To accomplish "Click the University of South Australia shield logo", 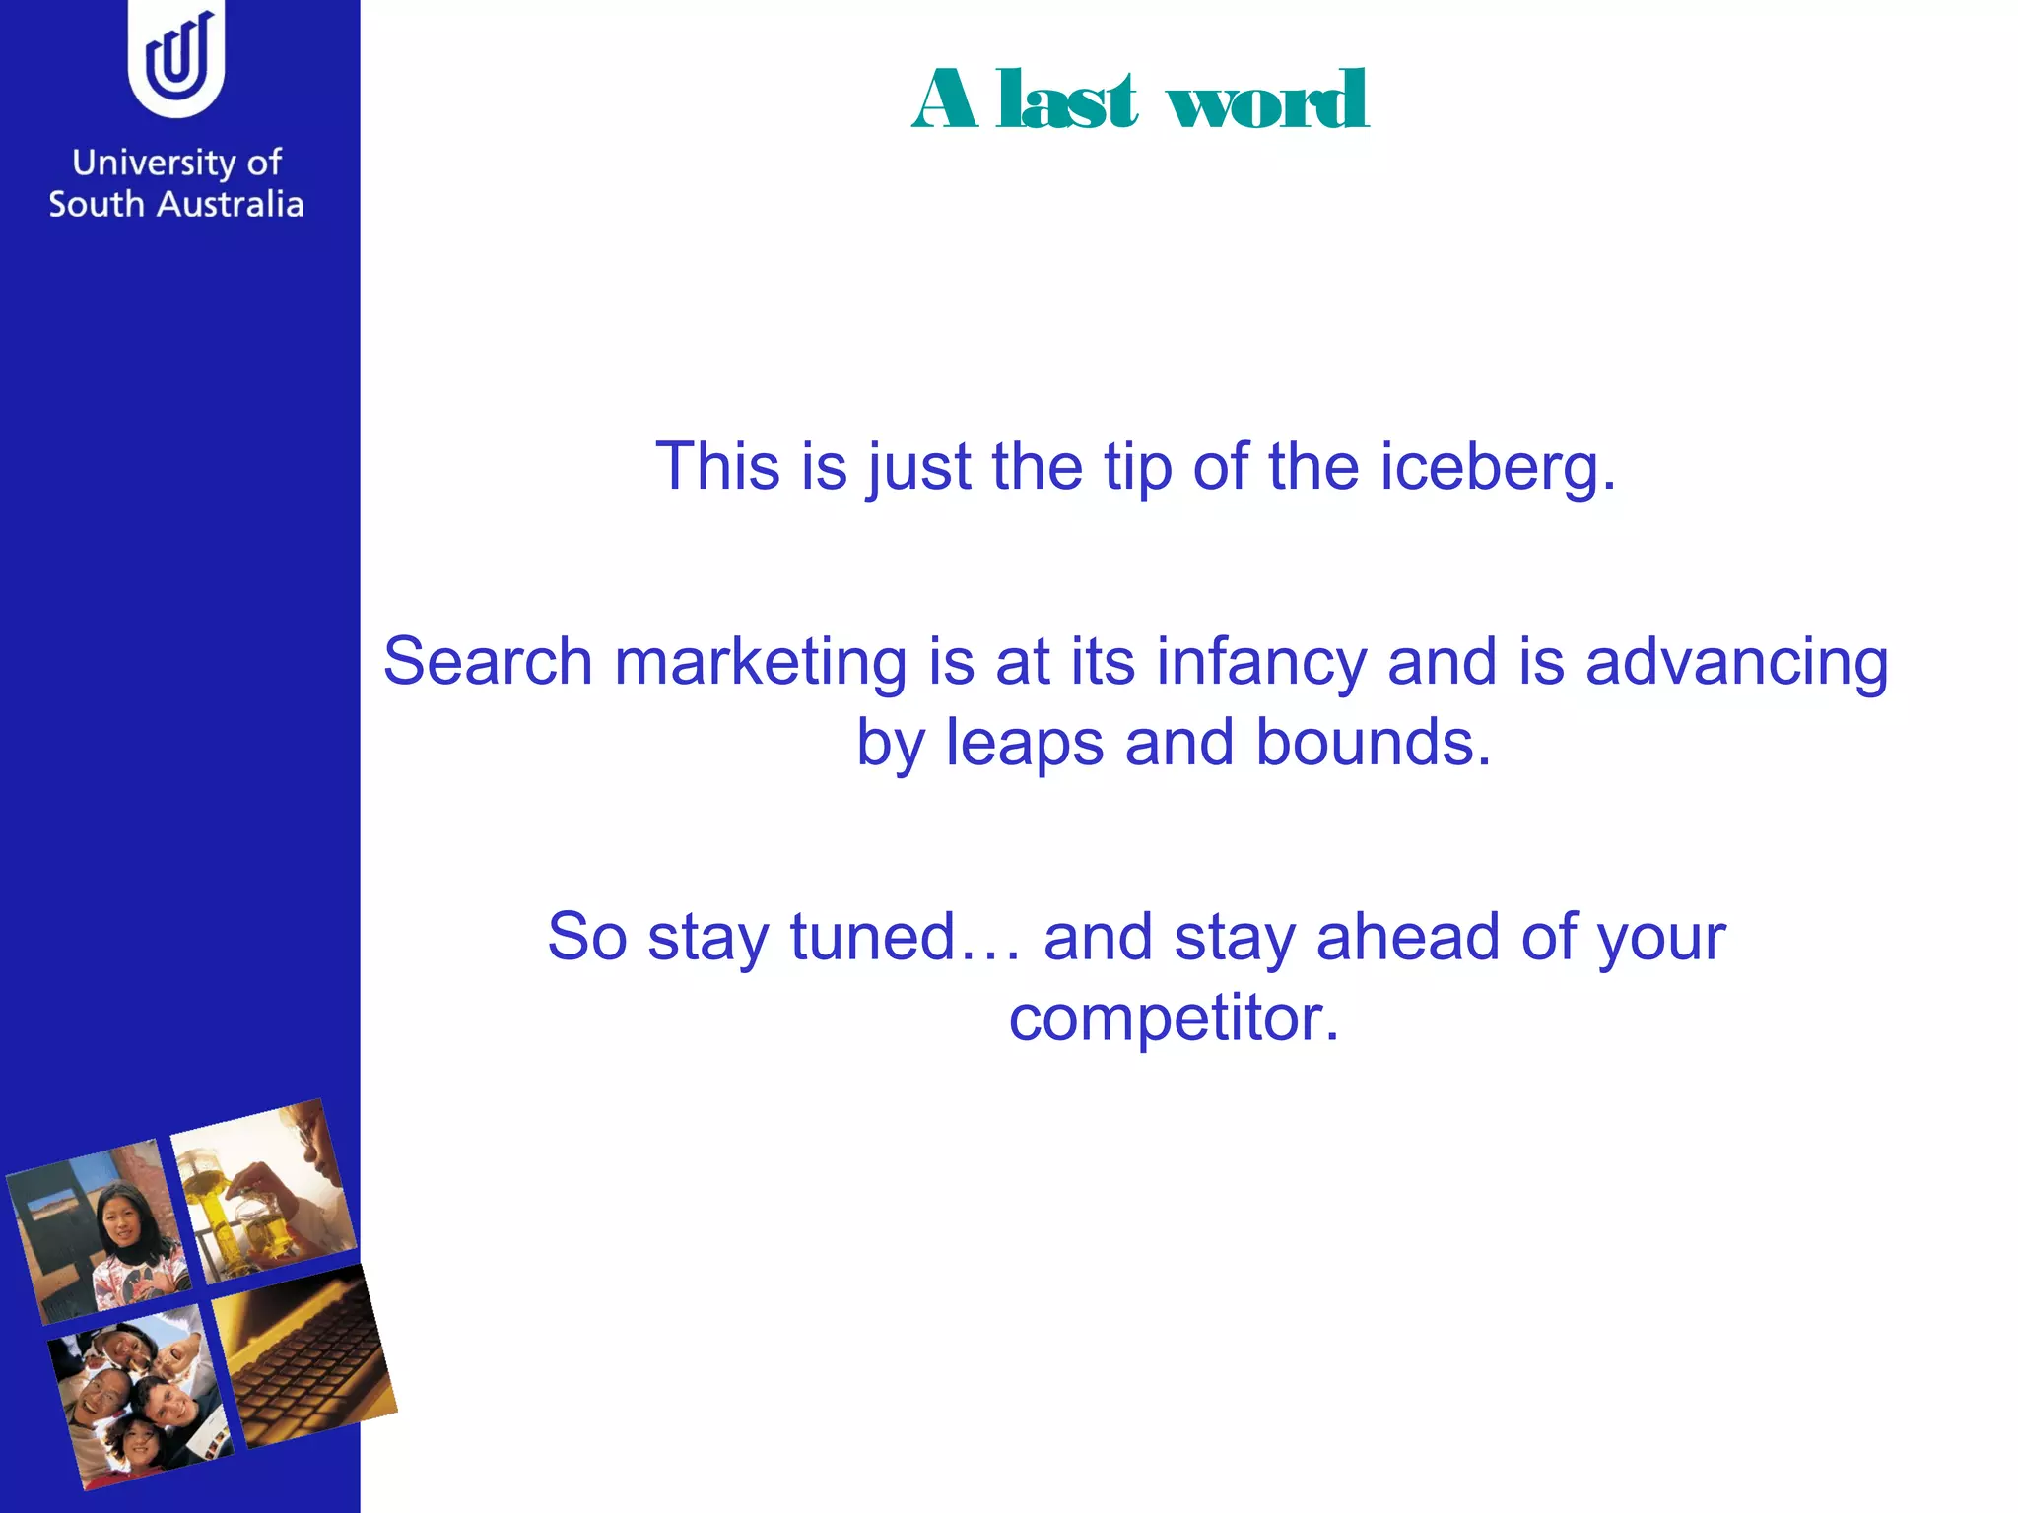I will pos(176,59).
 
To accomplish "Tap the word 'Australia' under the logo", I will pos(231,204).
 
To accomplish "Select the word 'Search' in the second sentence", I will pos(487,661).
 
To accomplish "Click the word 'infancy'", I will pos(1261,663).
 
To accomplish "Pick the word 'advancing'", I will pos(1736,663).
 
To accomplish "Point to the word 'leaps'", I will pos(1024,743).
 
